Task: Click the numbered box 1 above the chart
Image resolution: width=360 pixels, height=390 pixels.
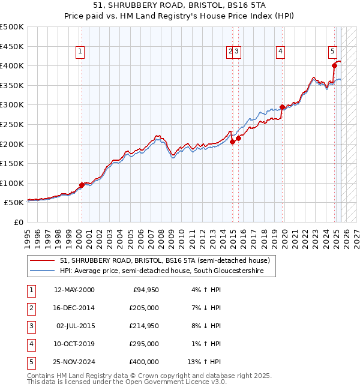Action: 80,52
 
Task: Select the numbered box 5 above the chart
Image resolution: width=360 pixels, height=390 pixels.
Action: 333,52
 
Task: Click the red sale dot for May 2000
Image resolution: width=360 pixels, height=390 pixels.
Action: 82,185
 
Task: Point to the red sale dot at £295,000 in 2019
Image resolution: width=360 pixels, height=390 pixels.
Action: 282,107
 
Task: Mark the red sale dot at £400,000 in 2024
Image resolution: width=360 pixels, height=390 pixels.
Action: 334,65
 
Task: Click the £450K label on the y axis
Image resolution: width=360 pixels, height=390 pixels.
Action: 12,46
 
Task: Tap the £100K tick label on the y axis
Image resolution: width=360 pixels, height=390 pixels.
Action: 12,183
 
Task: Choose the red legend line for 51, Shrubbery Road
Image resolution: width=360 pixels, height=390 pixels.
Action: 42,260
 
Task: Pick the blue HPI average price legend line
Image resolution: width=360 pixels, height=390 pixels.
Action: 42,271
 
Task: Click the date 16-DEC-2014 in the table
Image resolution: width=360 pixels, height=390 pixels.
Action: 74,308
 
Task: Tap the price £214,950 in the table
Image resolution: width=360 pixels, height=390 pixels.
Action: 145,326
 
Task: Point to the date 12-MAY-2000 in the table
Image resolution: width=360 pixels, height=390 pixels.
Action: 74,290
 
